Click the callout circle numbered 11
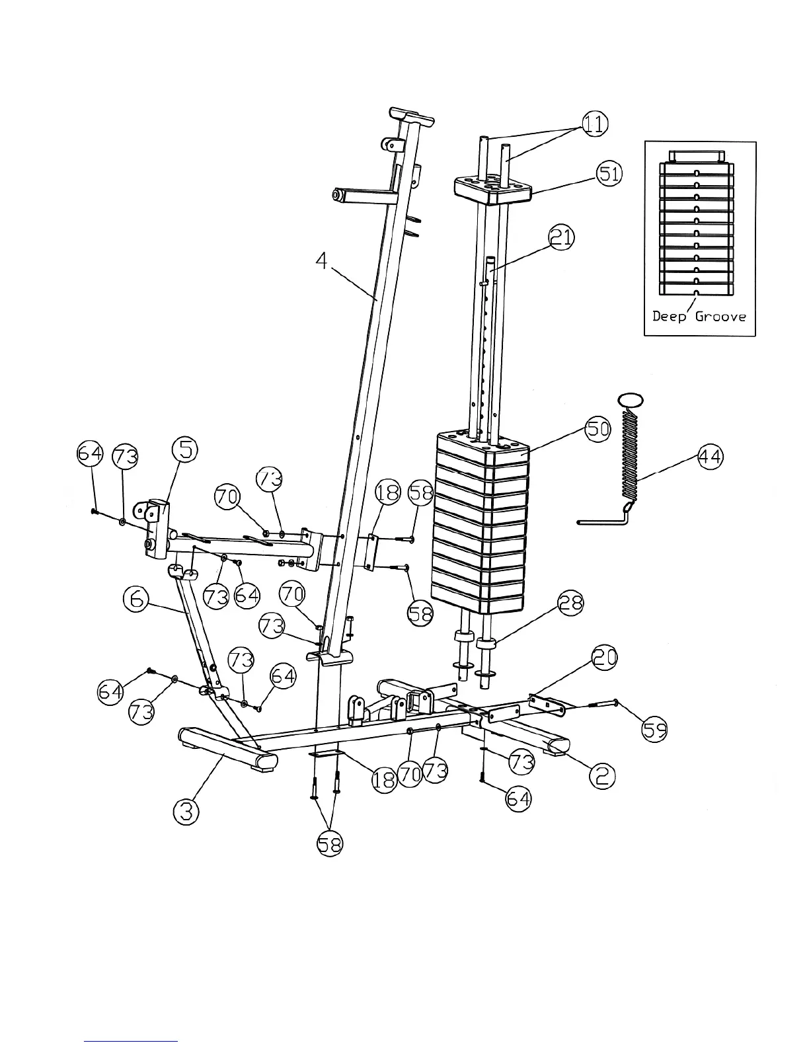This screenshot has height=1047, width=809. coord(594,124)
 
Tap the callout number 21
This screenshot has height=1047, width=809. coord(561,237)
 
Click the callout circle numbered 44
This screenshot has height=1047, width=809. coord(710,457)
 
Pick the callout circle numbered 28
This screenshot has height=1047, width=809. coord(570,602)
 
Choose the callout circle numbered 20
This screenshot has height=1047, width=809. coord(605,658)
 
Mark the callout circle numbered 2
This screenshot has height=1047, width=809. coord(601,775)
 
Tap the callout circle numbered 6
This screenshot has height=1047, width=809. coord(135,600)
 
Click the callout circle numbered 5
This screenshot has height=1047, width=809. coord(185,449)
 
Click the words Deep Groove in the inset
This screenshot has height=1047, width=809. coord(699,316)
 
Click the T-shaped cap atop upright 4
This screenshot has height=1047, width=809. coord(411,116)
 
